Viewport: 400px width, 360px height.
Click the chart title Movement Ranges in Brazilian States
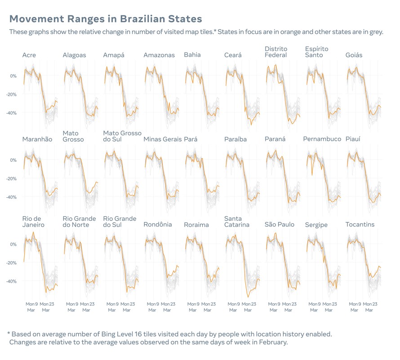106,19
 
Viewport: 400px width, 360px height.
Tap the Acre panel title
29,55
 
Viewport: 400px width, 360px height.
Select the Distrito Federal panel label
276,52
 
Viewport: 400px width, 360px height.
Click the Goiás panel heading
354,55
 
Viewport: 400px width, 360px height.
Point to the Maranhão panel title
37,139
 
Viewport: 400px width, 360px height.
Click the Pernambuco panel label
322,139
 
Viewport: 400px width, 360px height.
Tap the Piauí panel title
354,139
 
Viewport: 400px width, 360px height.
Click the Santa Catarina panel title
237,222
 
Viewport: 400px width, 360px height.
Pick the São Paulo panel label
279,225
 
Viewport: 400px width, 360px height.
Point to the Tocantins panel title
360,225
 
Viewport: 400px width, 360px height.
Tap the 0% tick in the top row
13,76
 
